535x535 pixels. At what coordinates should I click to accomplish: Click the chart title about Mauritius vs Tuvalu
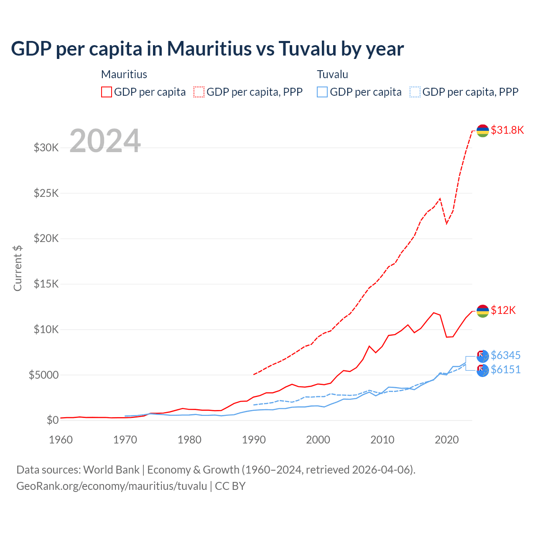click(207, 48)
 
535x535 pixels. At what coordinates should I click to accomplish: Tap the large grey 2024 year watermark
click(105, 141)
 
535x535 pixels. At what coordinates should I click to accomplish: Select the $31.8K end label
click(507, 130)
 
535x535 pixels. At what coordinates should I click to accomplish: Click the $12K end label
click(503, 310)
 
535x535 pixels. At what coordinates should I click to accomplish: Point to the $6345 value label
click(505, 355)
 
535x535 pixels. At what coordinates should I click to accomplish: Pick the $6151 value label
click(505, 369)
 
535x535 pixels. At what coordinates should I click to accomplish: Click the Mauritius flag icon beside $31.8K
click(483, 130)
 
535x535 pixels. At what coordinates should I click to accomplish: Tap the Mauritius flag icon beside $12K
click(483, 311)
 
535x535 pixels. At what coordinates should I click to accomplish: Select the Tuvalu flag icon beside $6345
click(483, 356)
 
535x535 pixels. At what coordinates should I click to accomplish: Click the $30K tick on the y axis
click(46, 148)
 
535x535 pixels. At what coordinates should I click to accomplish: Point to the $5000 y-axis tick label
click(43, 375)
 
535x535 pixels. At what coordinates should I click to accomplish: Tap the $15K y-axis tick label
click(46, 284)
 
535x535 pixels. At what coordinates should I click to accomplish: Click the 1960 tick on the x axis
click(61, 440)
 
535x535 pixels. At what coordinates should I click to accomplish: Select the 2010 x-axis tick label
click(382, 440)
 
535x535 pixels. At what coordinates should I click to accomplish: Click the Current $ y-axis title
click(18, 268)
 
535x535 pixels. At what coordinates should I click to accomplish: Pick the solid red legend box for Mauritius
click(107, 92)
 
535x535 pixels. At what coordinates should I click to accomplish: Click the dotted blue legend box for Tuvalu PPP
click(415, 92)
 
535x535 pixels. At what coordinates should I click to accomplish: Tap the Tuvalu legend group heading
click(332, 74)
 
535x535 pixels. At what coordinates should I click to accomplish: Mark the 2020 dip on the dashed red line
click(446, 223)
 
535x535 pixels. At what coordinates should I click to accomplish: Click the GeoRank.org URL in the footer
click(112, 486)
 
